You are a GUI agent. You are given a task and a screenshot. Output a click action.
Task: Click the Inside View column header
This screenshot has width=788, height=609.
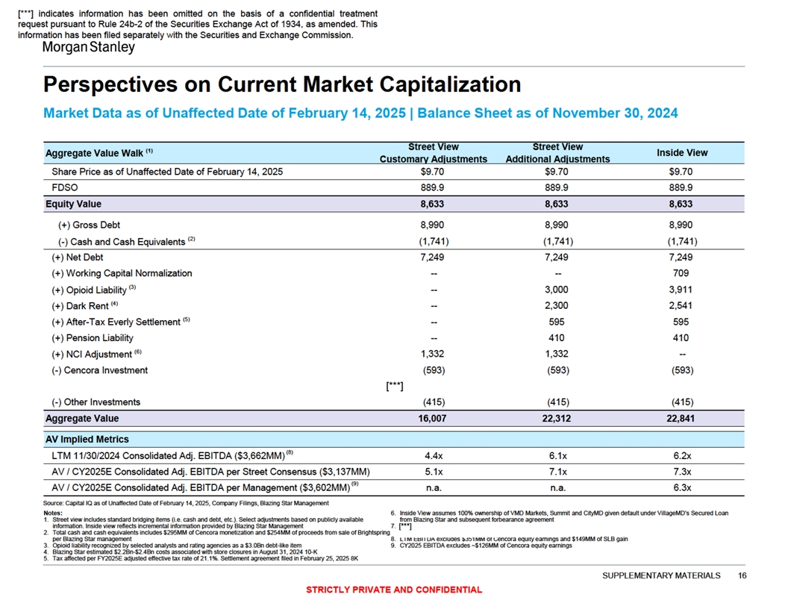click(x=681, y=152)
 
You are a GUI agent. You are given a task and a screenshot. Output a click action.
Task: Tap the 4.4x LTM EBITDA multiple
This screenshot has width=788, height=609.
click(x=433, y=455)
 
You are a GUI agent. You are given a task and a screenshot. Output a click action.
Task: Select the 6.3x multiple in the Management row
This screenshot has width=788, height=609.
click(x=681, y=488)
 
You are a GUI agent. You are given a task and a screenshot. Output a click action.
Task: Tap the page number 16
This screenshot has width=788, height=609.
click(x=742, y=575)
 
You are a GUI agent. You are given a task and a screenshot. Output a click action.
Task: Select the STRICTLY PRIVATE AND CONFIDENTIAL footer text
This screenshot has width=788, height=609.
click(x=394, y=590)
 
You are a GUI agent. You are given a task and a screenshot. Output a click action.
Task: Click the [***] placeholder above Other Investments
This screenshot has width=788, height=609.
click(x=395, y=387)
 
